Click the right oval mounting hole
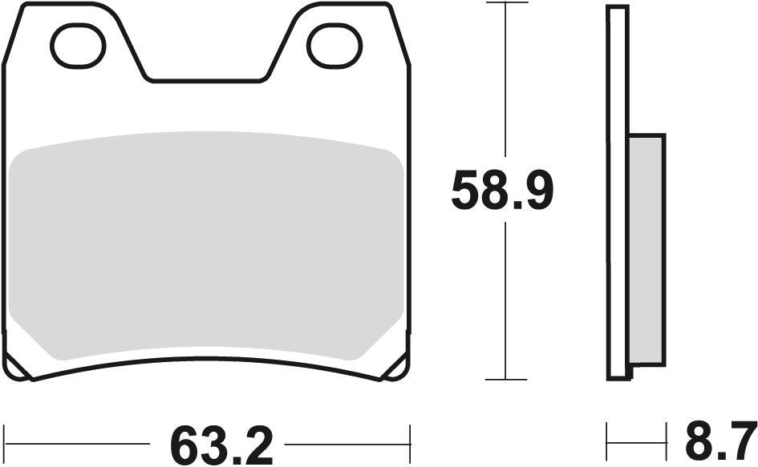coord(335,45)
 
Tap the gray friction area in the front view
coord(207,244)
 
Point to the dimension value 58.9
coord(502,191)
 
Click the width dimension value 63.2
coord(221,444)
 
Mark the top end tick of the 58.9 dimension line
coord(505,3)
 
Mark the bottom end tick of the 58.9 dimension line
coord(505,379)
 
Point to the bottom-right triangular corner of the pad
coord(397,368)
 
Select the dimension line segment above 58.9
coord(505,80)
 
